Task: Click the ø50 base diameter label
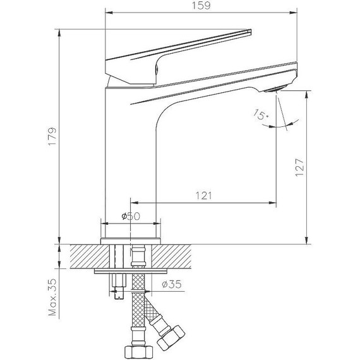tap(130, 216)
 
